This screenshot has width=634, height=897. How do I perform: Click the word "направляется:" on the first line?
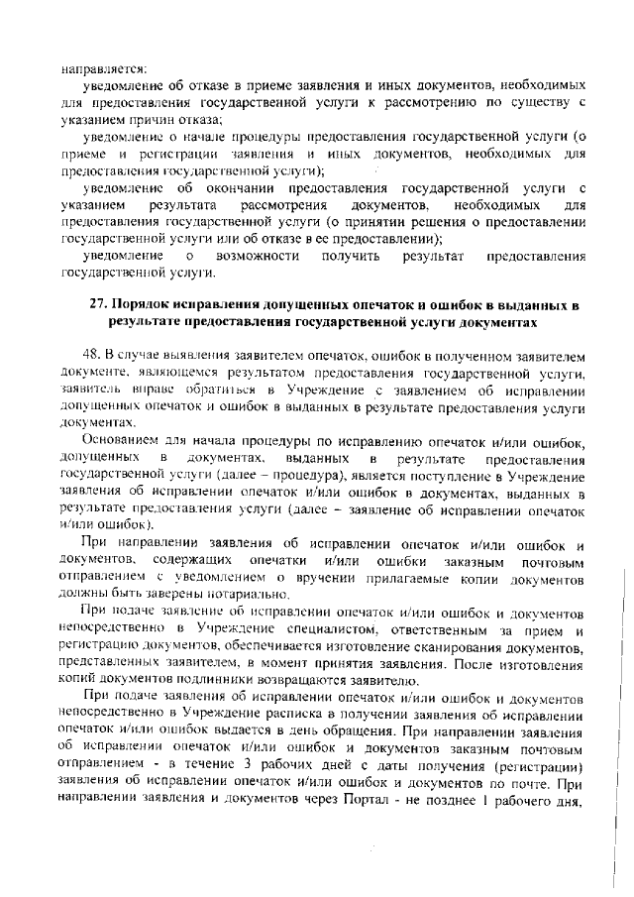(x=103, y=69)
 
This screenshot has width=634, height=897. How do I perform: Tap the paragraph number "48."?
(x=95, y=354)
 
